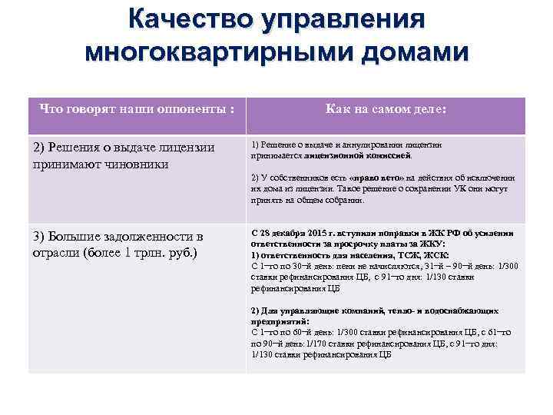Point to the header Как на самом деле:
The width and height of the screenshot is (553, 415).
pos(386,109)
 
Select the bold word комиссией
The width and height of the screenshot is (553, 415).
pos(386,154)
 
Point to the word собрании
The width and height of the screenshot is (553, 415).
pos(342,199)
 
